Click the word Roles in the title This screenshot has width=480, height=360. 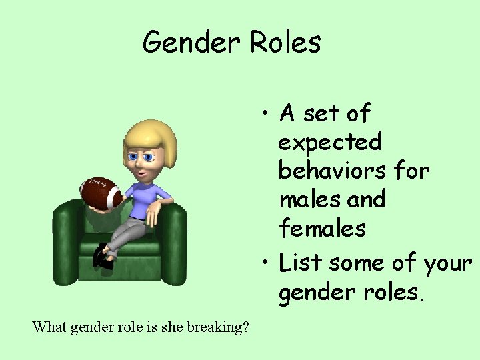tap(285, 43)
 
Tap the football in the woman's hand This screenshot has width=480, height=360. tap(101, 193)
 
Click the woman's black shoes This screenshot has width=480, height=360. tap(103, 257)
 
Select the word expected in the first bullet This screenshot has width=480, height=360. tap(330, 142)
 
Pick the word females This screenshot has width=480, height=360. tap(323, 228)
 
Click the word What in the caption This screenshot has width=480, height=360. tap(49, 327)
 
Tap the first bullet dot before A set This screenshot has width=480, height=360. tap(266, 114)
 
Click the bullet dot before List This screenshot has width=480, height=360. tap(266, 264)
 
